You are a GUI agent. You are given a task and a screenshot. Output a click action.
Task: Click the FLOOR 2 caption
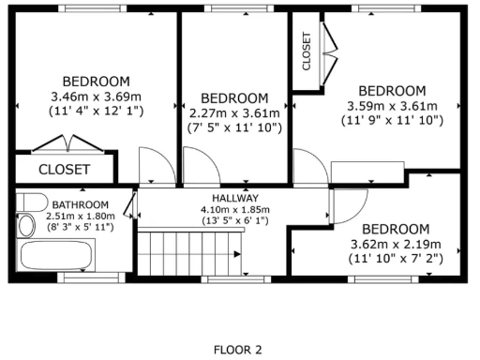[237, 350]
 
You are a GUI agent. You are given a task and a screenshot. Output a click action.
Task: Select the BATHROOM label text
[80, 204]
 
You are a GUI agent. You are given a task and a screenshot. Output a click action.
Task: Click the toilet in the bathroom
[32, 203]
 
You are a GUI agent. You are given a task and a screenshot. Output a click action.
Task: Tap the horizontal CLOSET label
[64, 170]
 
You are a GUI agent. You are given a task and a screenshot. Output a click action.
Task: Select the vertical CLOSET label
[307, 52]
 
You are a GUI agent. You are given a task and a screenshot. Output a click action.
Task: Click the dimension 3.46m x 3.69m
[96, 96]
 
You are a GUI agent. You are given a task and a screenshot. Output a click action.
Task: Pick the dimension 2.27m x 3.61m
[234, 112]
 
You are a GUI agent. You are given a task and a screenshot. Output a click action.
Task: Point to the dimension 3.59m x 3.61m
[392, 106]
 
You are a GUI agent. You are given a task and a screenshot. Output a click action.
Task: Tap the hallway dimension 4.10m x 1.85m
[234, 209]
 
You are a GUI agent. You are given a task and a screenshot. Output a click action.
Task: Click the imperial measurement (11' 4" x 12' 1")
[96, 110]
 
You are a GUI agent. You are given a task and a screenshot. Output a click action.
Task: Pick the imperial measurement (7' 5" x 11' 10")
[234, 127]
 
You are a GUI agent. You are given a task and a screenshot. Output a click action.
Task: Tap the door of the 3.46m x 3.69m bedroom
[155, 167]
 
